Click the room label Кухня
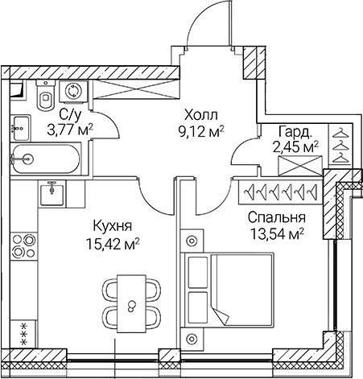(113, 225)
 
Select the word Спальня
(276, 218)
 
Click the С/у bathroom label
(69, 113)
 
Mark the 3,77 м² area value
(72, 127)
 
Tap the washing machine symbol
(75, 91)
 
